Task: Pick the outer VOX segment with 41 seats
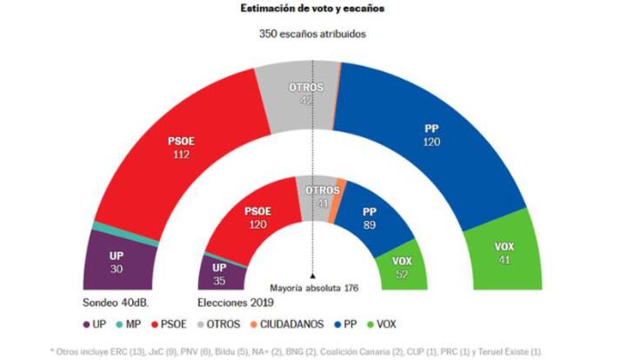click(x=503, y=253)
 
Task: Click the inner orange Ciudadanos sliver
click(x=341, y=185)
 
